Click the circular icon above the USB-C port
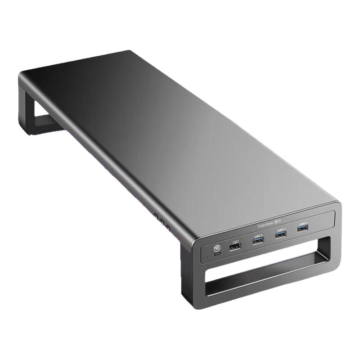click(216, 247)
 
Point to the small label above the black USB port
click(234, 242)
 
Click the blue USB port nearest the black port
click(258, 241)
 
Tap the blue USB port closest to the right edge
click(302, 228)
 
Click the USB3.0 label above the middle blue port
click(281, 229)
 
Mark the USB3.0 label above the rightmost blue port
click(302, 223)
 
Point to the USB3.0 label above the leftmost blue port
click(258, 236)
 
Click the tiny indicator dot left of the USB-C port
click(207, 257)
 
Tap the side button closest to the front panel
click(167, 227)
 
